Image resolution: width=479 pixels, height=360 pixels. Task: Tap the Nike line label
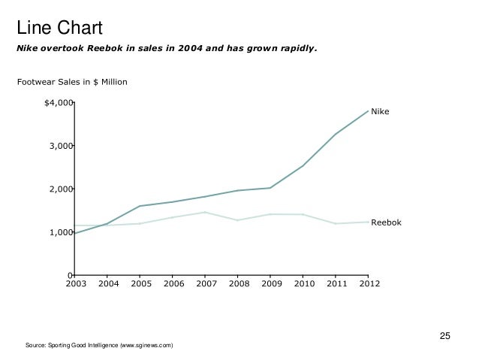(381, 112)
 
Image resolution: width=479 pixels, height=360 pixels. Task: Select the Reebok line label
(387, 223)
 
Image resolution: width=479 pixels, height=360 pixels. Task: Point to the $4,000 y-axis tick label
(59, 102)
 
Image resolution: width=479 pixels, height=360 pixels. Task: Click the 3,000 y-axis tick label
(61, 146)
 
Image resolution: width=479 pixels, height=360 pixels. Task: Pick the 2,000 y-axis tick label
(61, 189)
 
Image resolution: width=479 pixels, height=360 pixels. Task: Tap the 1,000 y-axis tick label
(61, 233)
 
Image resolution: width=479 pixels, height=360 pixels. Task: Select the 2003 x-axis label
(75, 284)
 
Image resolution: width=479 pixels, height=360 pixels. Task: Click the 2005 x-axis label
(140, 284)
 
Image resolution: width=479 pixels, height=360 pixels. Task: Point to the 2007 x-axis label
(205, 284)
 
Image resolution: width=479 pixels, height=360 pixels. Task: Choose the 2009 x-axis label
(270, 284)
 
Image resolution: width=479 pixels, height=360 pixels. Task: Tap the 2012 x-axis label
(368, 284)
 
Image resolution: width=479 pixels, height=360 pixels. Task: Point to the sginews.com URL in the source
(149, 345)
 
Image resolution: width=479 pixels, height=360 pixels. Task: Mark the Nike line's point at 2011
(336, 135)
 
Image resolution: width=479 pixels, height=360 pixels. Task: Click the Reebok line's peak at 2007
(205, 212)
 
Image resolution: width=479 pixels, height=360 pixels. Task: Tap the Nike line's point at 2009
(270, 188)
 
